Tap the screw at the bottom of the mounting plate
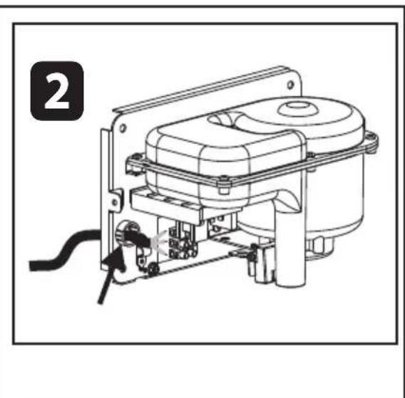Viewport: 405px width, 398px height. (x=153, y=268)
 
